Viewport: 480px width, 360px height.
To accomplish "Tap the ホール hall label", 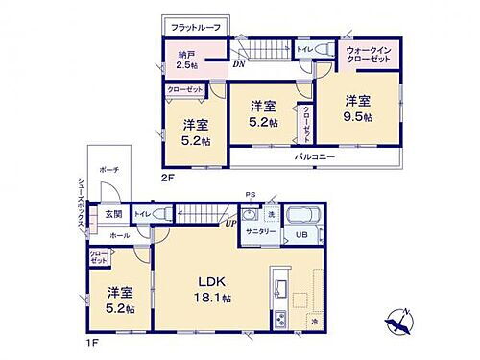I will coord(118,234).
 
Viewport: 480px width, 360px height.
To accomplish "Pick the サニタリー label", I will coord(255,233).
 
